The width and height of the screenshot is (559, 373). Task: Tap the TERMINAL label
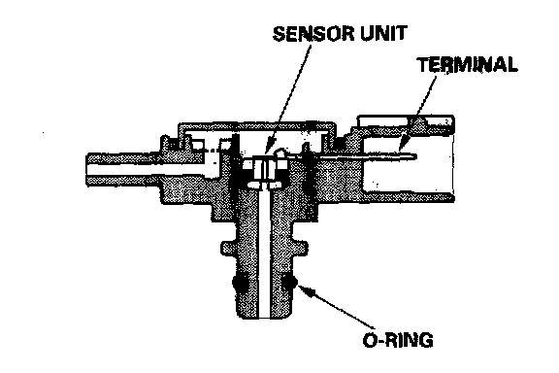pos(468,65)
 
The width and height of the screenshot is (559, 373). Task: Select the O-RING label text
pos(398,340)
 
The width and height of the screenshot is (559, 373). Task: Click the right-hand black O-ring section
pos(289,283)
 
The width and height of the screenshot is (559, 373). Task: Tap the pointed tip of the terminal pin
pos(416,156)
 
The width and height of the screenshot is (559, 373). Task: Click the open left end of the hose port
pos(87,169)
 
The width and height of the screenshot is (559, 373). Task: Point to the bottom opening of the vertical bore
pos(263,317)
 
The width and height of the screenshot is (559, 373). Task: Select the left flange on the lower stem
pos(228,248)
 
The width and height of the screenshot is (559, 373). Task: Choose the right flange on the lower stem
pos(300,248)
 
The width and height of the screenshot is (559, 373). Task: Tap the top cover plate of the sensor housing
pos(256,125)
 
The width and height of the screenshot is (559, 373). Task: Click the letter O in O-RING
pos(370,340)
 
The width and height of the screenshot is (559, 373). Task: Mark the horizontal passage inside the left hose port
pos(149,169)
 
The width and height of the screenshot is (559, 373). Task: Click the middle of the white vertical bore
pos(263,254)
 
